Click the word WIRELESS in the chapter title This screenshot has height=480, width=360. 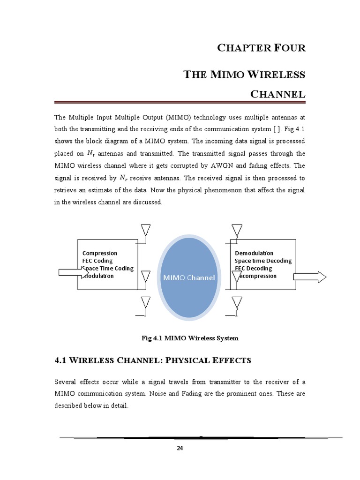(x=281, y=75)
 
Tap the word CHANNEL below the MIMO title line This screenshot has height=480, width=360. (x=278, y=94)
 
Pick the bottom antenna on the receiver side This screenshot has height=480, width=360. (x=236, y=304)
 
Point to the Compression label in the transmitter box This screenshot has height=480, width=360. (x=100, y=253)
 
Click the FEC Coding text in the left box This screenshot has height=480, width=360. (x=97, y=261)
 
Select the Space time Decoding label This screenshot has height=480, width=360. (x=263, y=261)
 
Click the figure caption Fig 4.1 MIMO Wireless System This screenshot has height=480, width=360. (x=190, y=338)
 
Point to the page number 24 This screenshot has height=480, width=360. (x=180, y=448)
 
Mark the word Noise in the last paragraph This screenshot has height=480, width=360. (x=157, y=393)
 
